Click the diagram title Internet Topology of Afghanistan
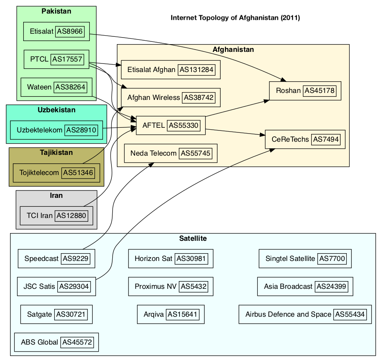click(x=235, y=18)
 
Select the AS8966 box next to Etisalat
click(x=70, y=32)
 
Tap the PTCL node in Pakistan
click(x=57, y=59)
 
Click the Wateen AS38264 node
click(x=57, y=87)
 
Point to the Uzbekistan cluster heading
click(x=57, y=110)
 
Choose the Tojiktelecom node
click(x=57, y=173)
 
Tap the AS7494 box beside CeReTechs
click(x=328, y=139)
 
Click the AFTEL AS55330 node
click(x=171, y=125)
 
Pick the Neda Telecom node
click(x=170, y=153)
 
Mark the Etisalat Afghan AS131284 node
click(x=171, y=70)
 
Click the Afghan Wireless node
click(x=171, y=98)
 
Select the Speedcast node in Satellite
click(x=57, y=259)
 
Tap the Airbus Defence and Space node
click(x=305, y=314)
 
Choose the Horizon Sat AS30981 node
click(x=171, y=259)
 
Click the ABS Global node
click(x=57, y=342)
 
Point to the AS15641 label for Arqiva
click(x=183, y=314)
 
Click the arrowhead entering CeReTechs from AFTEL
click(x=262, y=135)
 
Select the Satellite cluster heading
click(x=193, y=238)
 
